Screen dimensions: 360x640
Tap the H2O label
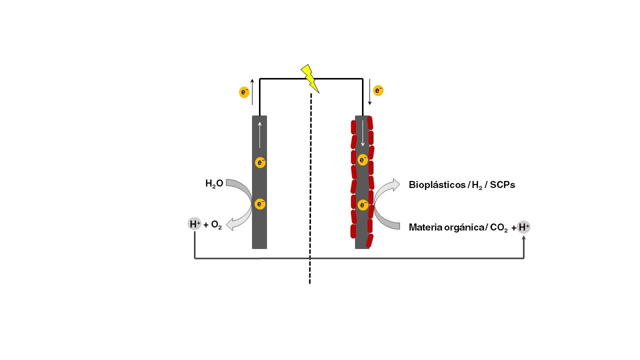214,183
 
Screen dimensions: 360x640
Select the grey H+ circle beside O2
194,224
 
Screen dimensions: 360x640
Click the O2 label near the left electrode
216,225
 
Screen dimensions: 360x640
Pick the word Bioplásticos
436,185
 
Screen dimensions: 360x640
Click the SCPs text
502,185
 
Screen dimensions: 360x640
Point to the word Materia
425,227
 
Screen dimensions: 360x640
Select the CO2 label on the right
498,228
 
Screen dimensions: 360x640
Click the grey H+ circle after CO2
523,227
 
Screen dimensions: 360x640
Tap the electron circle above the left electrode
244,92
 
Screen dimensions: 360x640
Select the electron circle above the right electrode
378,90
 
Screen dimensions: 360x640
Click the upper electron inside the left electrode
260,162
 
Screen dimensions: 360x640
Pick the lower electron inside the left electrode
260,204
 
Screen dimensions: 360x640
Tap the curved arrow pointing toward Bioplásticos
387,190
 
